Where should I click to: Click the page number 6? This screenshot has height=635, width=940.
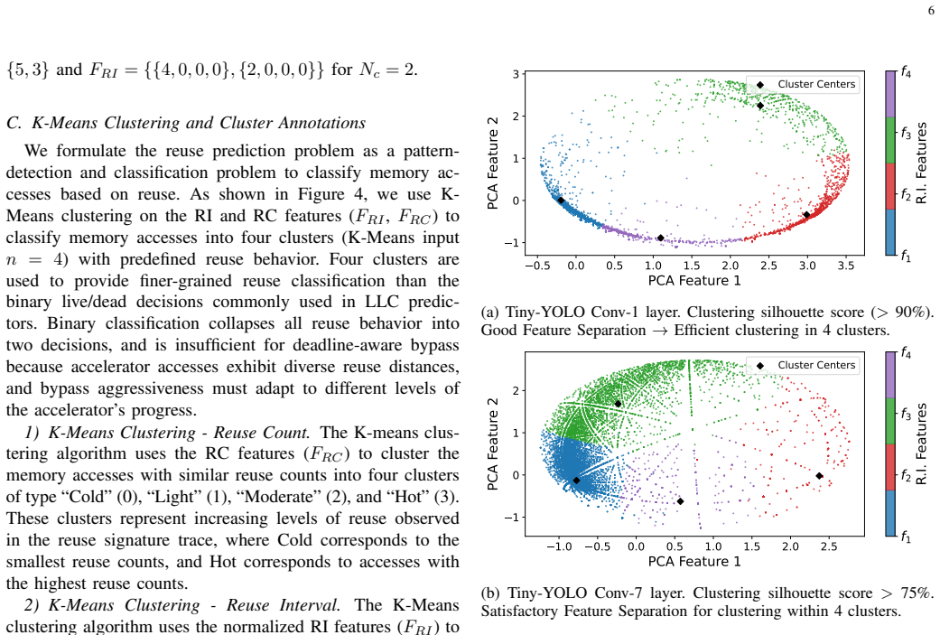tap(931, 11)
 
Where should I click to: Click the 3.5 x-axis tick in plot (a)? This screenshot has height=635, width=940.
tap(846, 265)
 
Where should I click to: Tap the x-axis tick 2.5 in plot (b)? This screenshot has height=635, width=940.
tap(829, 546)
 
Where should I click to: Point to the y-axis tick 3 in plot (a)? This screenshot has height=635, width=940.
tap(517, 74)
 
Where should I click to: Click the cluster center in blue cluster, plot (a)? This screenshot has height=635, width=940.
tap(561, 201)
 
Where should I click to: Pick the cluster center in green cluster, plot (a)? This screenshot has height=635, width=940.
tap(760, 106)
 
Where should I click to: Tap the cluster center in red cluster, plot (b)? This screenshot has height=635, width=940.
tap(819, 475)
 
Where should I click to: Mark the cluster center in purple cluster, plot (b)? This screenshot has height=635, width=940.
tap(680, 501)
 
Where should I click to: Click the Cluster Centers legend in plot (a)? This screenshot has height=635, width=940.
tap(803, 85)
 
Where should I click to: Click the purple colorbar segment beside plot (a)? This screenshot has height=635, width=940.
tap(890, 94)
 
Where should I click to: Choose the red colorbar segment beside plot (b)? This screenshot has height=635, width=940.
tap(890, 467)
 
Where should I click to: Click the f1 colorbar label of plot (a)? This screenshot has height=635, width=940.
tap(906, 257)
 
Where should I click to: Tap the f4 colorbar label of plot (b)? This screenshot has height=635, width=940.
tap(906, 354)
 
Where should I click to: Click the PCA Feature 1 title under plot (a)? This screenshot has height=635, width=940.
tap(694, 281)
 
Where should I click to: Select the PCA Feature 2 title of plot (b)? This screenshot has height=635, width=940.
tap(493, 444)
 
